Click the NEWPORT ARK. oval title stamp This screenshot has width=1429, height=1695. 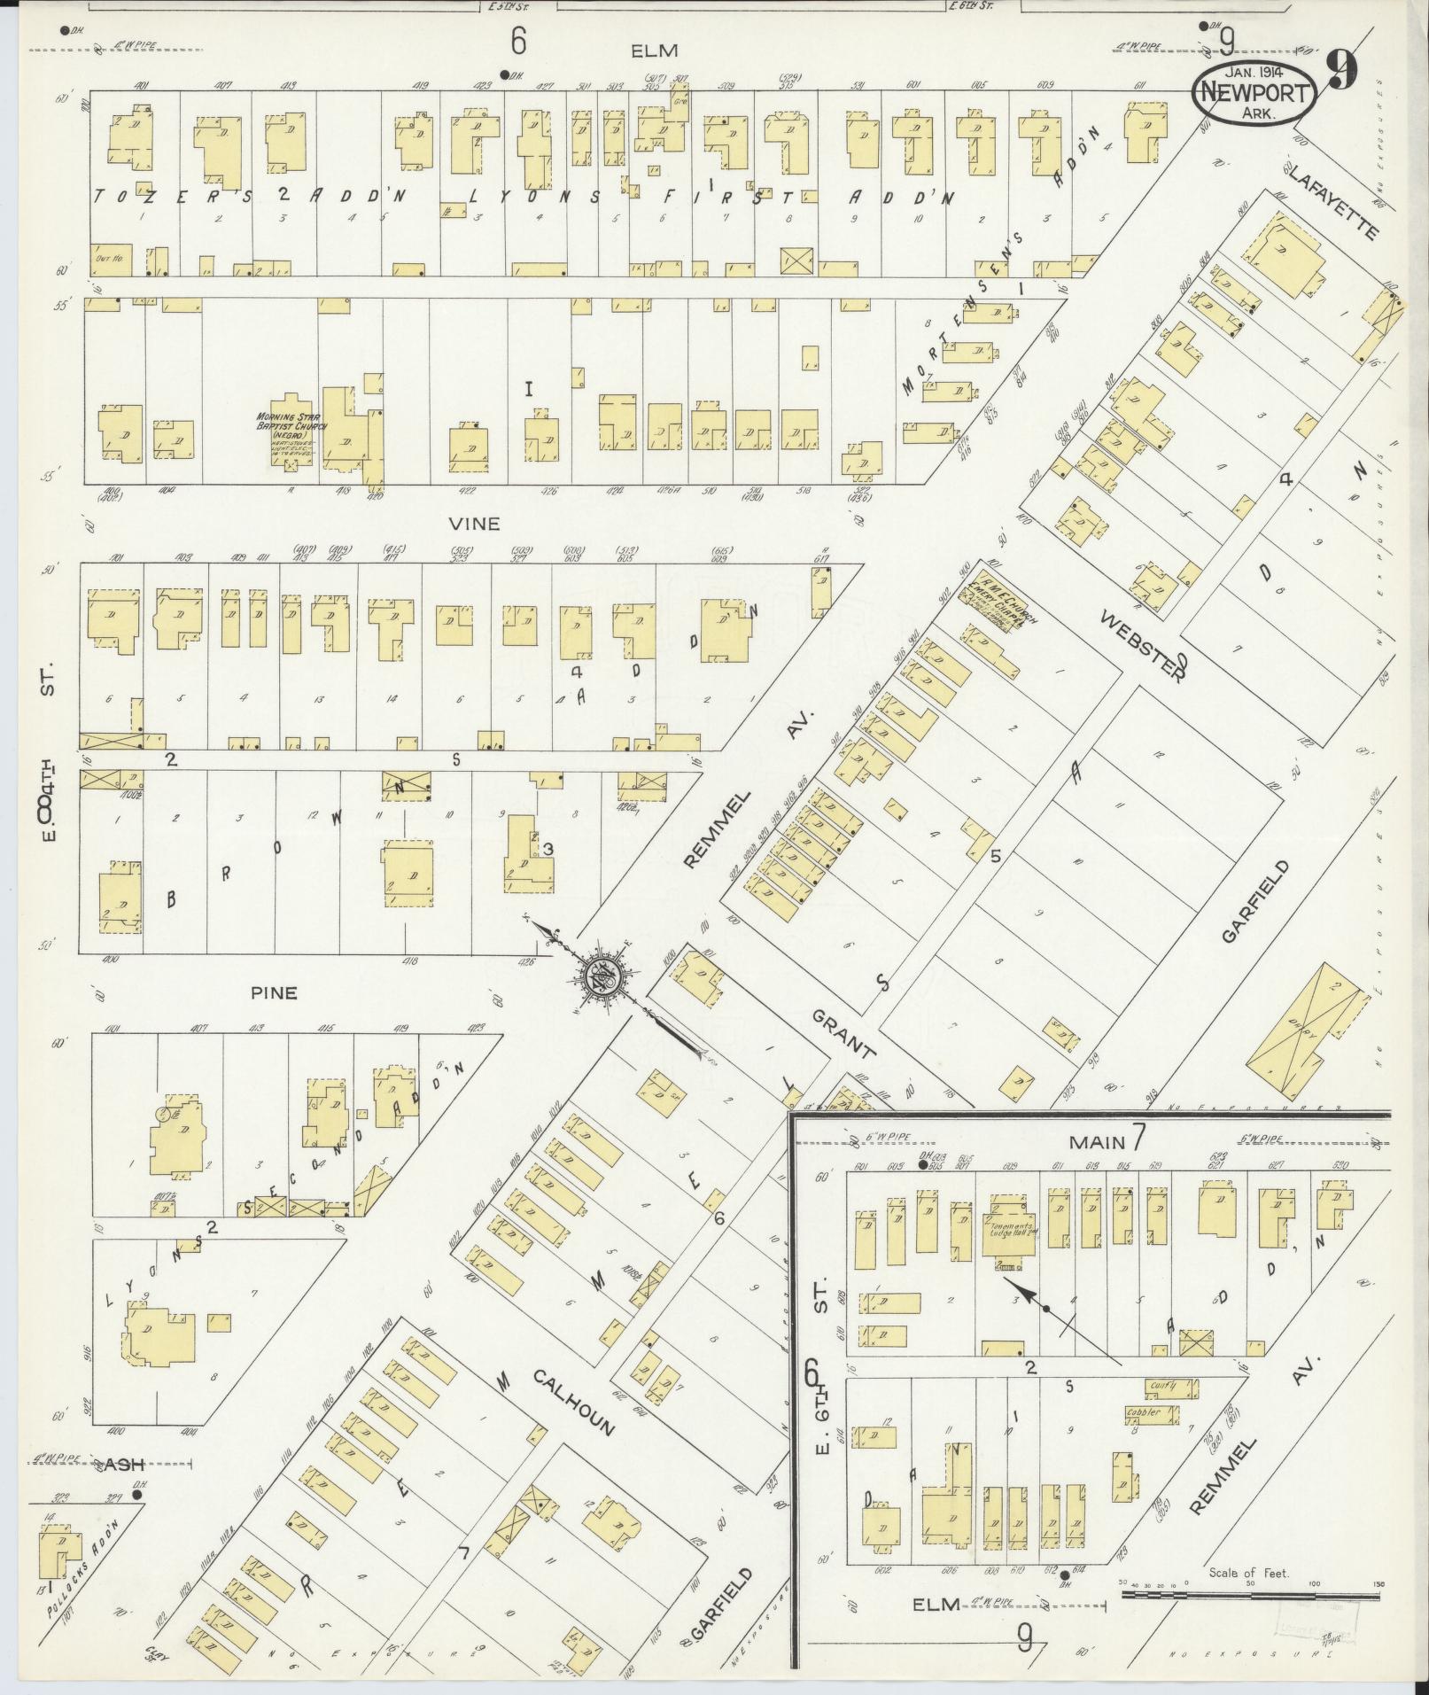pos(1253,91)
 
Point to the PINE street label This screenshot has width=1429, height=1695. pos(274,992)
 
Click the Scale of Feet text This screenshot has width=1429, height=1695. pos(1249,1573)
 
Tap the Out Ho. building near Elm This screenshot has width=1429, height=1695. pos(111,260)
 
